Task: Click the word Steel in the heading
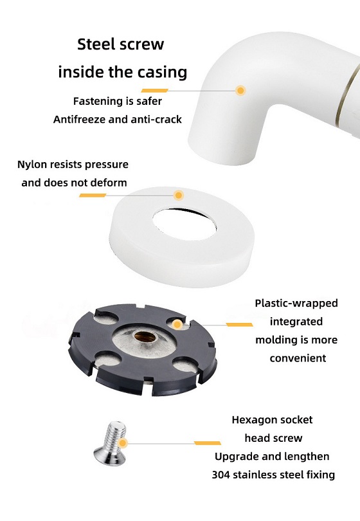click(x=95, y=44)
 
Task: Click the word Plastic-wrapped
click(x=296, y=304)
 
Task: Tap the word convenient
click(x=298, y=358)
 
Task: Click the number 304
click(x=221, y=475)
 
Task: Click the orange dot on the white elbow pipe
click(x=240, y=91)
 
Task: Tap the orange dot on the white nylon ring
click(x=179, y=195)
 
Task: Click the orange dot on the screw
click(x=123, y=443)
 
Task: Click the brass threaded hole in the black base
click(x=145, y=336)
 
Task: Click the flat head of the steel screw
click(x=109, y=457)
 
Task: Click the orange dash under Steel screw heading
click(x=155, y=91)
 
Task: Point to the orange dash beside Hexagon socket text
click(x=208, y=443)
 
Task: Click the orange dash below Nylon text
click(x=93, y=196)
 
